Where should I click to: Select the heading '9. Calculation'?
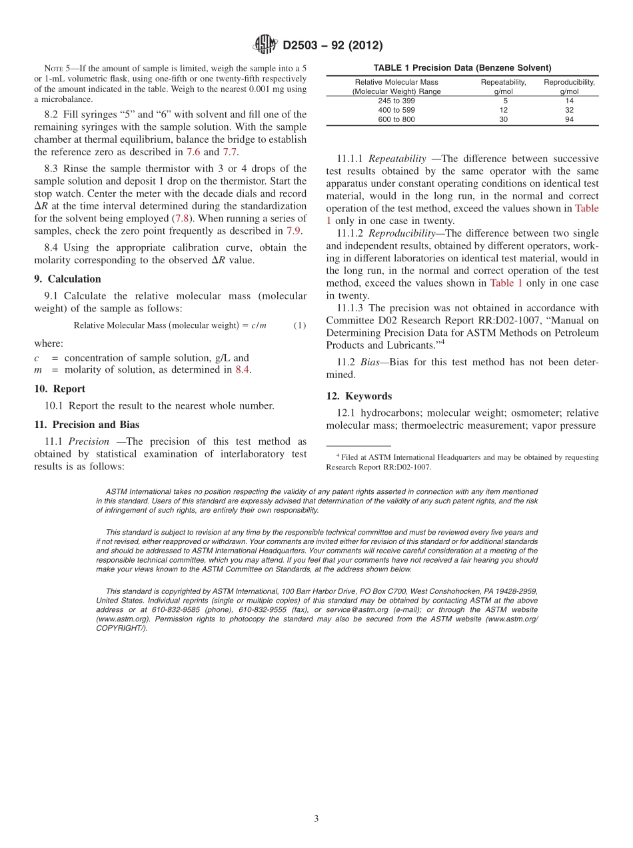[67, 279]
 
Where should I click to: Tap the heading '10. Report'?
[59, 389]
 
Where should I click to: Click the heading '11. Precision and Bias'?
[87, 425]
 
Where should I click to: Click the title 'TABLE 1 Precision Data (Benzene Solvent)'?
[462, 68]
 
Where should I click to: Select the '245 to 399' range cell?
[396, 101]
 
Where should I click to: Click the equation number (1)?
[300, 325]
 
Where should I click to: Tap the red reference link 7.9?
[293, 231]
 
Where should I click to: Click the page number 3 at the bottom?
[316, 819]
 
